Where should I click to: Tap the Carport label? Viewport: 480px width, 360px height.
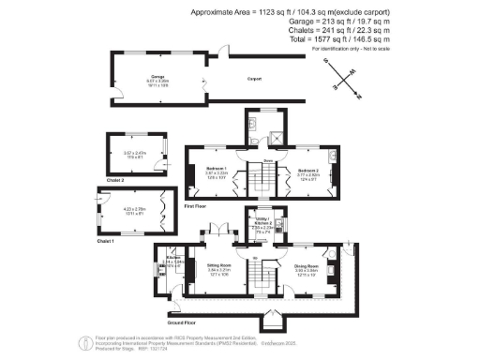point(254,79)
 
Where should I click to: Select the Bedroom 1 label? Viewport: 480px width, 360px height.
point(217,169)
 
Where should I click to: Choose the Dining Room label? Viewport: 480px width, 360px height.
point(307,267)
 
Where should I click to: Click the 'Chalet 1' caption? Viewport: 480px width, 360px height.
point(105,241)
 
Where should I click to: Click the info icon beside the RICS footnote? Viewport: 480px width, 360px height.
point(84,340)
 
